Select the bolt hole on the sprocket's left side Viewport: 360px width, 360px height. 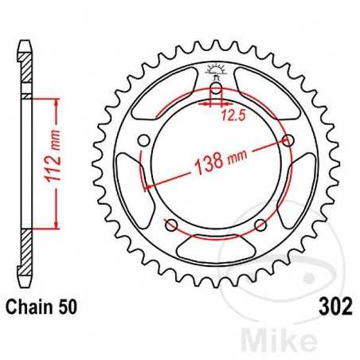[x=143, y=141]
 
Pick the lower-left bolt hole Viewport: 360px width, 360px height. [x=170, y=224]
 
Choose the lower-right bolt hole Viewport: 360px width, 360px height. [x=260, y=224]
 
